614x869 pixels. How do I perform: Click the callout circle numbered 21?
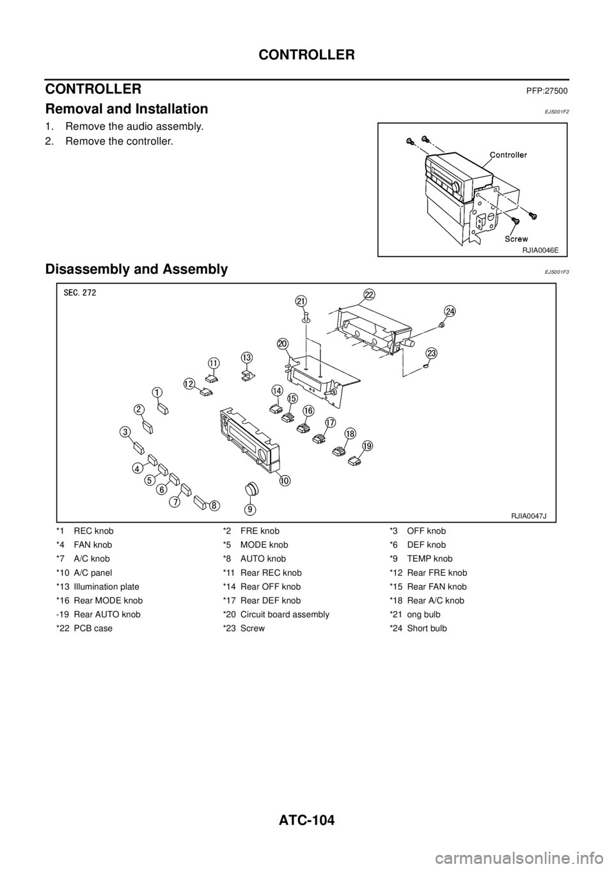click(x=301, y=301)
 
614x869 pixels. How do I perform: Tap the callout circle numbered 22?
click(x=369, y=293)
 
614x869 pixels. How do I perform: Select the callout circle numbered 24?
click(x=450, y=310)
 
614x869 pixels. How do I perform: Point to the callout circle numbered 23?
click(x=432, y=353)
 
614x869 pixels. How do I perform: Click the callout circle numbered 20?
click(x=283, y=344)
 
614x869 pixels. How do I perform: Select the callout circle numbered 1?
click(x=157, y=391)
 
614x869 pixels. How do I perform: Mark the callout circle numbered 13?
click(x=247, y=356)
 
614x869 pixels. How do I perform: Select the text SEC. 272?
click(x=83, y=292)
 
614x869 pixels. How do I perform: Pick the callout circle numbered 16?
click(x=308, y=410)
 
